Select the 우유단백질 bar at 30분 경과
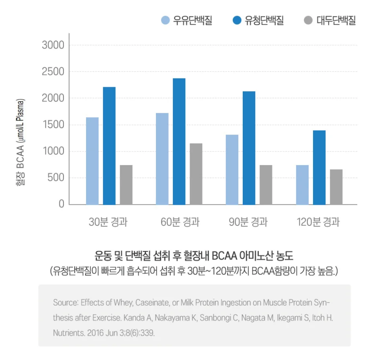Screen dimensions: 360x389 pos(92,161)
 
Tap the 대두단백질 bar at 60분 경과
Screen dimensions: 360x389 pos(196,174)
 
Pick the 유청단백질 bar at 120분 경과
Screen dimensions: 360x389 pos(319,167)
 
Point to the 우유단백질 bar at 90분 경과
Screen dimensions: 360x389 pos(232,170)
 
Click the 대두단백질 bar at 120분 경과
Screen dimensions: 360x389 pos(336,187)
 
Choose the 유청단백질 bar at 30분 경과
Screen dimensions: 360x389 pos(109,145)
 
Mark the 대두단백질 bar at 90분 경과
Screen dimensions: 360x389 pos(266,184)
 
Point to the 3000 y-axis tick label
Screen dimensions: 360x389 pos(53,45)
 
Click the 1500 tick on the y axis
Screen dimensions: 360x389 pos(53,125)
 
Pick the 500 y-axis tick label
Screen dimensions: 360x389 pos(56,178)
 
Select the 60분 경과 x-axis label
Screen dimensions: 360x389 pos(180,222)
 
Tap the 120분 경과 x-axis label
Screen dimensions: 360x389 pos(318,222)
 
